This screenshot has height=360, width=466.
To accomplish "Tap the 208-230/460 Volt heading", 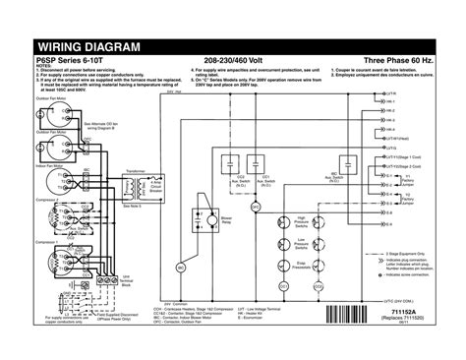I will pyautogui.click(x=232, y=61).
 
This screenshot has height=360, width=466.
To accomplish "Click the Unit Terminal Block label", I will pyautogui.click(x=127, y=281).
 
